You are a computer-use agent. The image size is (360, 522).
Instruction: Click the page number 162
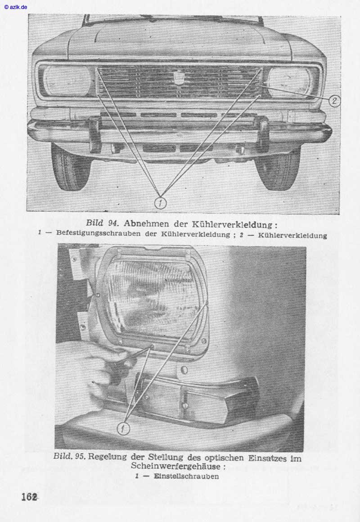click(29, 497)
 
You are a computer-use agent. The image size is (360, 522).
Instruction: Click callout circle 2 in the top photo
click(333, 101)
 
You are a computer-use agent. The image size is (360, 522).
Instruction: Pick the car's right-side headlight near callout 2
click(288, 82)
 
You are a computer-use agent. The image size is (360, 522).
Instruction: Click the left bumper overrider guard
click(95, 134)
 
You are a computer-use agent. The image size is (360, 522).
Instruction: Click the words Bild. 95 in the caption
click(69, 456)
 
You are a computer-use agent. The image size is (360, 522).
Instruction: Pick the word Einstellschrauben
click(186, 476)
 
